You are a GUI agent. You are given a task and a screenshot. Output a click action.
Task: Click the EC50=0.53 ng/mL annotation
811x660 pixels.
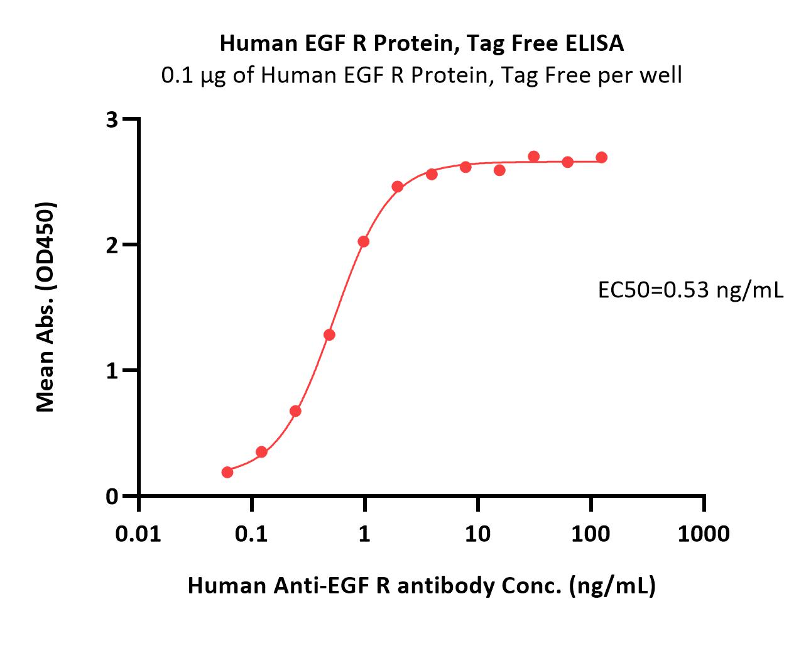pos(690,290)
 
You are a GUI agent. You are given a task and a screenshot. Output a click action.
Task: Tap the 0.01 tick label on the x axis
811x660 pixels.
pos(138,534)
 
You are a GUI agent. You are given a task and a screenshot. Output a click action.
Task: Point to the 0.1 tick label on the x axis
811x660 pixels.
pos(251,534)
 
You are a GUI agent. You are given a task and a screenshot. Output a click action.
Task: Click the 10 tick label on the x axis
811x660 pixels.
pos(477,534)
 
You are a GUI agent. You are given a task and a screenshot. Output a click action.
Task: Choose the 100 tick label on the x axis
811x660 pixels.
pos(591,534)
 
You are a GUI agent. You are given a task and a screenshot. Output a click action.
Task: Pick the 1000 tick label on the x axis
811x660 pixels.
pos(704,534)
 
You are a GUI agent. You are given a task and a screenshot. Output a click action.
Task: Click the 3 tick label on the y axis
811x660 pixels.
pos(112,120)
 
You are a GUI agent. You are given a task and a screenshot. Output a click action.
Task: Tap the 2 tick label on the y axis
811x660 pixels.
pos(112,246)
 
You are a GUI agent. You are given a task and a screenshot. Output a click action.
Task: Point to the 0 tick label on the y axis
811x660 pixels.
pos(112,497)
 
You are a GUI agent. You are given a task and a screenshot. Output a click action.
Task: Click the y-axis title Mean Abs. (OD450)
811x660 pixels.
pos(46,307)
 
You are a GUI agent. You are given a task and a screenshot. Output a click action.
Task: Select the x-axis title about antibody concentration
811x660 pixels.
pos(422,586)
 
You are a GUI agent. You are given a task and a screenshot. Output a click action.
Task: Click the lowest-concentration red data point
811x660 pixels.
pos(227,472)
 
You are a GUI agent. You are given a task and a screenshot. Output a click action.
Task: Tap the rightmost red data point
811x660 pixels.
pos(602,157)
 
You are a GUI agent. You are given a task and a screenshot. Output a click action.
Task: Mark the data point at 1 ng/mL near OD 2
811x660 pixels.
pos(364,241)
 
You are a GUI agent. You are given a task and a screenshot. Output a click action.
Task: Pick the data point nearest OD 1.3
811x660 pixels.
pos(329,335)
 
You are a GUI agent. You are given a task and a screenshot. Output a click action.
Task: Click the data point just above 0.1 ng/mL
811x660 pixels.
pos(261,453)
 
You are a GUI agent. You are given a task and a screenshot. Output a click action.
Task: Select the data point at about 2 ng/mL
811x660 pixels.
pos(398,187)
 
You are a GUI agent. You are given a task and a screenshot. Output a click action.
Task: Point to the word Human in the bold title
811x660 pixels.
pos(259,43)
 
